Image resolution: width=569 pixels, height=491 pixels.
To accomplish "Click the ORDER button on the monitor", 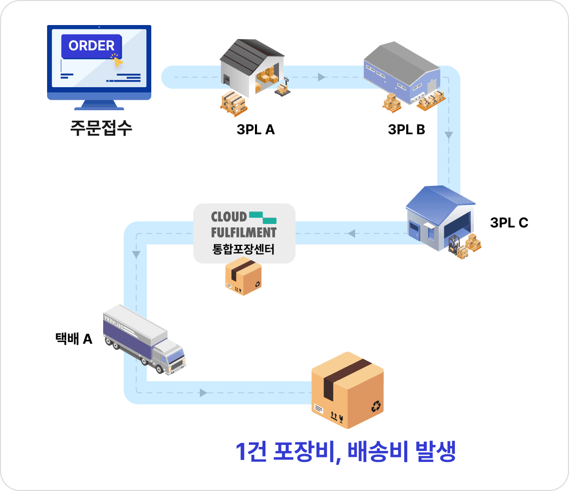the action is click(92, 46).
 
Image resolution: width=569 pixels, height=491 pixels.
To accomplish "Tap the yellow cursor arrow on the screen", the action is click(117, 62).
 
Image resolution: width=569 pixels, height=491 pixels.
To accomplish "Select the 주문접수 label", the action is click(101, 128).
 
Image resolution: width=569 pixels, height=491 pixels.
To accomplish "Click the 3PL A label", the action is click(255, 130).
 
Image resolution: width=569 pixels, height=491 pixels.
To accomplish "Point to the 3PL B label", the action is click(406, 130).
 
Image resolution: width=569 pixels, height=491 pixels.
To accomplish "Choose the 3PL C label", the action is click(509, 222).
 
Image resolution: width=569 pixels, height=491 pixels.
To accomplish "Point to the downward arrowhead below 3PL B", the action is click(449, 135).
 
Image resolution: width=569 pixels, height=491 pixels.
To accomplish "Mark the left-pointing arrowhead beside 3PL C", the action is click(351, 233).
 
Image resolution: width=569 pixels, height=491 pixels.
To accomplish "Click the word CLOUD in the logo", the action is click(229, 216).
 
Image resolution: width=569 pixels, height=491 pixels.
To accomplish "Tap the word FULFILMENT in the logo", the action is click(244, 232).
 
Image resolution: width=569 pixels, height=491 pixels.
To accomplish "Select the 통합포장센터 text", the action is click(243, 249).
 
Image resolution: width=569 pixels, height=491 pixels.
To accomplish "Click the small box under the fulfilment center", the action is click(243, 276).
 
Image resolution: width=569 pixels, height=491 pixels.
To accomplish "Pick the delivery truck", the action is click(144, 339).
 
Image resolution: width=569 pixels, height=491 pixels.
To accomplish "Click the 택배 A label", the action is click(74, 339).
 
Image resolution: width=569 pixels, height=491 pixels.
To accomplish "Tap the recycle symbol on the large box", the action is click(376, 406).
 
